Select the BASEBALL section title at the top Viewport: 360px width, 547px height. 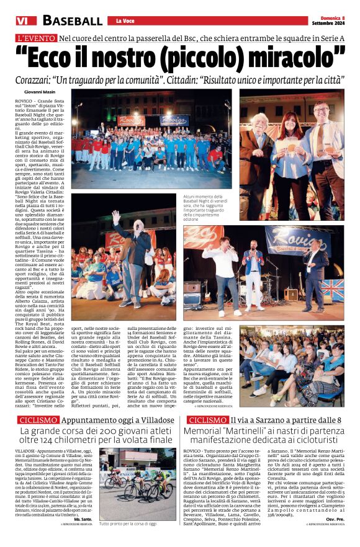[x=72, y=21]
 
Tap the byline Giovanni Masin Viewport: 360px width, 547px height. [x=42, y=92]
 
